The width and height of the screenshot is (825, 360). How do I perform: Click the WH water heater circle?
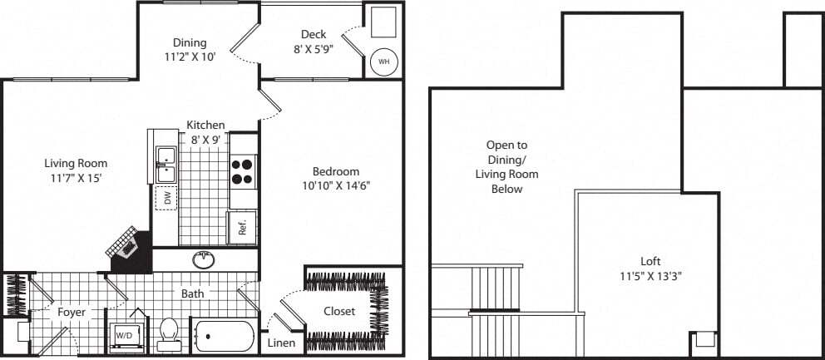tap(383, 61)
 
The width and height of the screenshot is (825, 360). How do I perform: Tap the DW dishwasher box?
tap(166, 198)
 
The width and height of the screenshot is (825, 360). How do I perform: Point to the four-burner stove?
tap(243, 170)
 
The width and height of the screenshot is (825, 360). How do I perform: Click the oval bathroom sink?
tap(204, 259)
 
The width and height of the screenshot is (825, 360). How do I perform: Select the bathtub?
tap(225, 337)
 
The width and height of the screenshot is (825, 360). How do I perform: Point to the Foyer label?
tap(72, 313)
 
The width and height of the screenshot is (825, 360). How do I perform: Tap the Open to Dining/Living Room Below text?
tap(506, 167)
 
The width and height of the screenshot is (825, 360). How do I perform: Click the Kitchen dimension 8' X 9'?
tap(205, 140)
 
